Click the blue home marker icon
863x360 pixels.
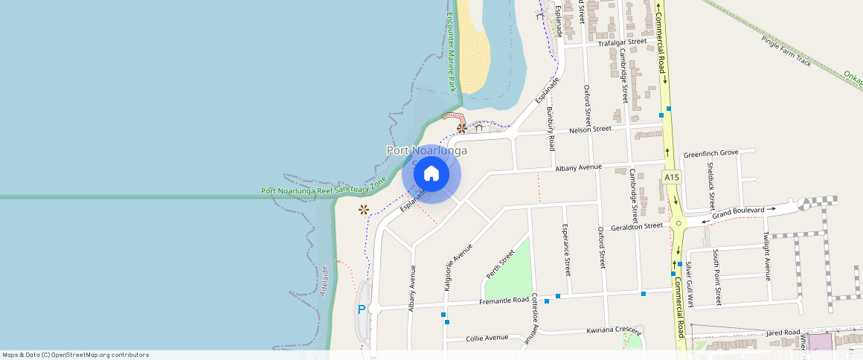point(431,174)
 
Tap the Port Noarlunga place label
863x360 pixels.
point(427,150)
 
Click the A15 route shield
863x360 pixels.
point(672,177)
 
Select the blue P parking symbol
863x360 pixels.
point(362,309)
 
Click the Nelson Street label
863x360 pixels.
point(590,129)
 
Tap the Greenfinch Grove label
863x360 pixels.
point(710,152)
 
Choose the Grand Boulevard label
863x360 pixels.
point(738,211)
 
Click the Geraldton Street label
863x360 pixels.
point(636,226)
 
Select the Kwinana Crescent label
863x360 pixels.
point(613,330)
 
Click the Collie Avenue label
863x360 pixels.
point(487,338)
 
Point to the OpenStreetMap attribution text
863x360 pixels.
point(75,355)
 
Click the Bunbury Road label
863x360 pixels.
point(551,128)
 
